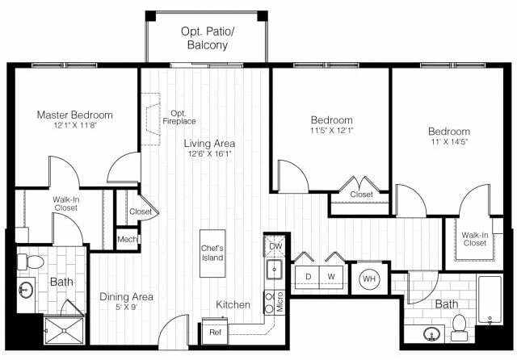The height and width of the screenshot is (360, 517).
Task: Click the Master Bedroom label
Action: click(x=74, y=115)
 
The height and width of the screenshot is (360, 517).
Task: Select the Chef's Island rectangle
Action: click(x=212, y=253)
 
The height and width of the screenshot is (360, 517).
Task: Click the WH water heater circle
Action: click(x=370, y=279)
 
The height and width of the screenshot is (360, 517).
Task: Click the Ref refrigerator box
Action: click(x=215, y=332)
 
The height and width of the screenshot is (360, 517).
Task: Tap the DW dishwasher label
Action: click(x=275, y=245)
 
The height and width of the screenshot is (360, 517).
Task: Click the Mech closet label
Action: click(x=127, y=239)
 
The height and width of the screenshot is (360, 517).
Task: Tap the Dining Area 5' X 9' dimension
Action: click(x=126, y=308)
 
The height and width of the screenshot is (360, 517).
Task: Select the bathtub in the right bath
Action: click(x=492, y=303)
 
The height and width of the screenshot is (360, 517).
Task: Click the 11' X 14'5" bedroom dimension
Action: click(x=448, y=142)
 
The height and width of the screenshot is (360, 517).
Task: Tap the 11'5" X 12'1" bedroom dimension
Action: click(x=331, y=130)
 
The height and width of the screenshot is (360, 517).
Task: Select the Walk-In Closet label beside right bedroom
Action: click(x=474, y=239)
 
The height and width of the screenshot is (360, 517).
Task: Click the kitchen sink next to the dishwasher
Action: click(x=275, y=270)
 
